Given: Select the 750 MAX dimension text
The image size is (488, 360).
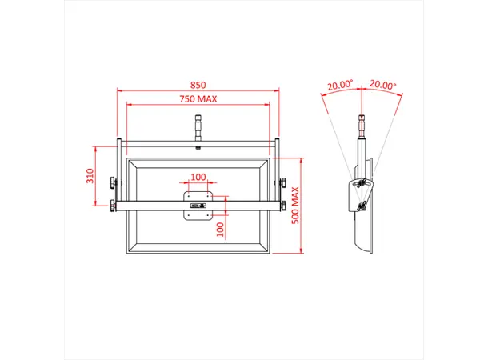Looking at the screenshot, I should [x=198, y=99].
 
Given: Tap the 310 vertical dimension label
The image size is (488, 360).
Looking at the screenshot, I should [x=90, y=177].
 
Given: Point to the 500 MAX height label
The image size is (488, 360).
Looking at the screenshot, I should [x=295, y=205].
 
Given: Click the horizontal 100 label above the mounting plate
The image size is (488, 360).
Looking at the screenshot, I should [x=198, y=177].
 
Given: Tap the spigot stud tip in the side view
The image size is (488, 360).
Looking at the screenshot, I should [x=362, y=124].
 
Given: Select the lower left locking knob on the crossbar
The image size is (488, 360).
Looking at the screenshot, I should [x=113, y=208].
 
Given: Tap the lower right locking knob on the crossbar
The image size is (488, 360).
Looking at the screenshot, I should [x=284, y=208].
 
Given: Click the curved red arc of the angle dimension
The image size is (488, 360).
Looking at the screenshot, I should [x=362, y=90].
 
